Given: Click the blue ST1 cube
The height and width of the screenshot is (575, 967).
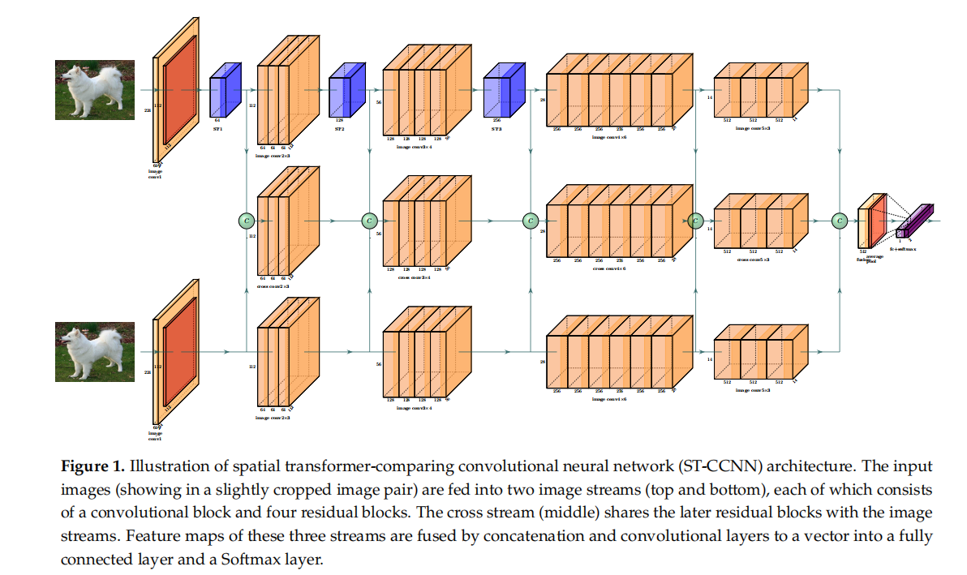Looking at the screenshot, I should coord(225,96).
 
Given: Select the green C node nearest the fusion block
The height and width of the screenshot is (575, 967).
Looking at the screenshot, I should coord(840,220).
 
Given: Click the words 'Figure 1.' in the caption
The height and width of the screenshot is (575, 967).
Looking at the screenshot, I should coord(93,467).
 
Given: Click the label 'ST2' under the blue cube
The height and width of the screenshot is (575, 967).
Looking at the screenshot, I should coord(340,128).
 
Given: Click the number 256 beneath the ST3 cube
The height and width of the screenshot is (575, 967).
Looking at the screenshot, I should coord(496,120).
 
